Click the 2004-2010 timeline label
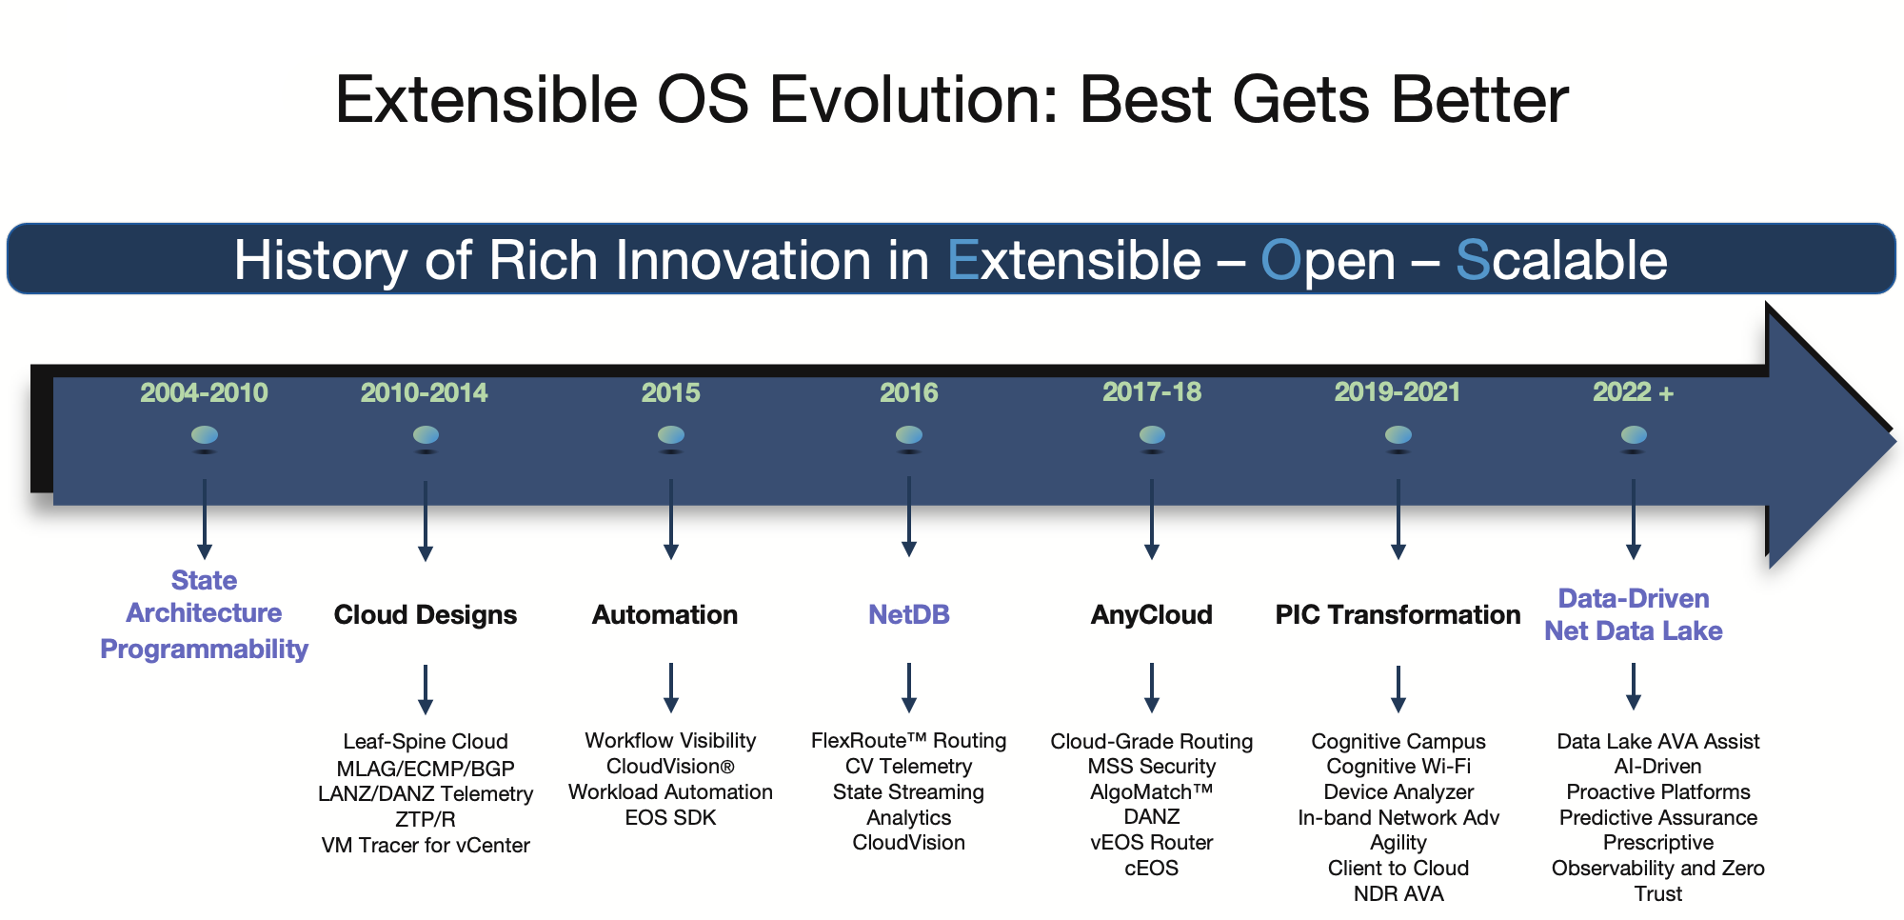tap(204, 392)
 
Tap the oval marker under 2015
tap(671, 435)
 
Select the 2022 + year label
tap(1633, 392)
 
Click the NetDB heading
tap(908, 614)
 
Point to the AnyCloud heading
tap(1151, 614)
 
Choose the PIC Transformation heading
tap(1398, 614)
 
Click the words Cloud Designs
tap(425, 614)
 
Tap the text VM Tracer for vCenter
tap(425, 845)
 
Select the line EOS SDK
tap(670, 817)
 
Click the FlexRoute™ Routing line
tap(908, 740)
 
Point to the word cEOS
tap(1151, 868)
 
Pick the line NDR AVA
tap(1398, 893)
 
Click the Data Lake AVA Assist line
tap(1657, 741)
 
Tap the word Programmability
tap(204, 649)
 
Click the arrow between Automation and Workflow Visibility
tap(671, 688)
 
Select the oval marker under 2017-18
tap(1152, 435)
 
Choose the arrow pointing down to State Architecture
tap(205, 519)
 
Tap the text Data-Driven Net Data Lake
tap(1633, 614)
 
